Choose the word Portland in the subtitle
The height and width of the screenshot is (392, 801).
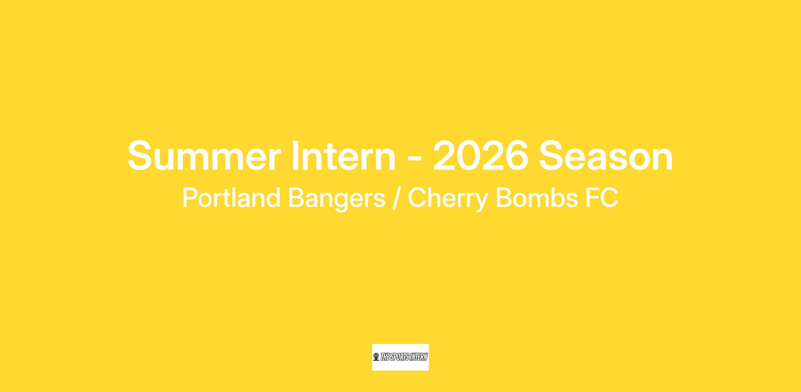tap(231, 198)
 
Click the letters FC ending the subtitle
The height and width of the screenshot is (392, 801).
tap(602, 198)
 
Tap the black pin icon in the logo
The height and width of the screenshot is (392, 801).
tap(376, 357)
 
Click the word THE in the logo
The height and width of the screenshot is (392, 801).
tap(385, 357)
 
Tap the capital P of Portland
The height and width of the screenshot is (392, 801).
tap(190, 198)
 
